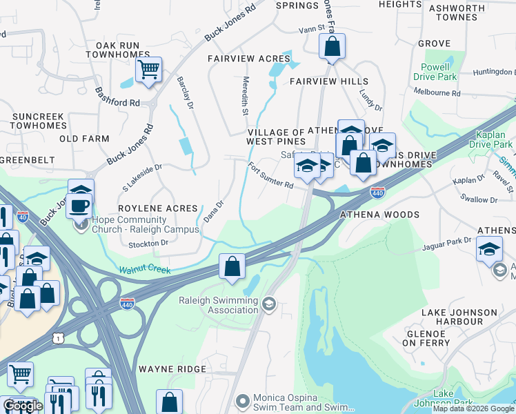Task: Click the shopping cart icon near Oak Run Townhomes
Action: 149,70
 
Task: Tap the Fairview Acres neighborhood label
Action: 249,59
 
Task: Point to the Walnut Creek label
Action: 144,270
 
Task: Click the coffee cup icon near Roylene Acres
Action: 80,205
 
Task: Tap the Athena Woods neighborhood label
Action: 379,215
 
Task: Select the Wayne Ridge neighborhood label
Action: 172,369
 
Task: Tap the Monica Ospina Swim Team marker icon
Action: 241,401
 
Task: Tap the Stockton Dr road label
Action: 148,243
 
